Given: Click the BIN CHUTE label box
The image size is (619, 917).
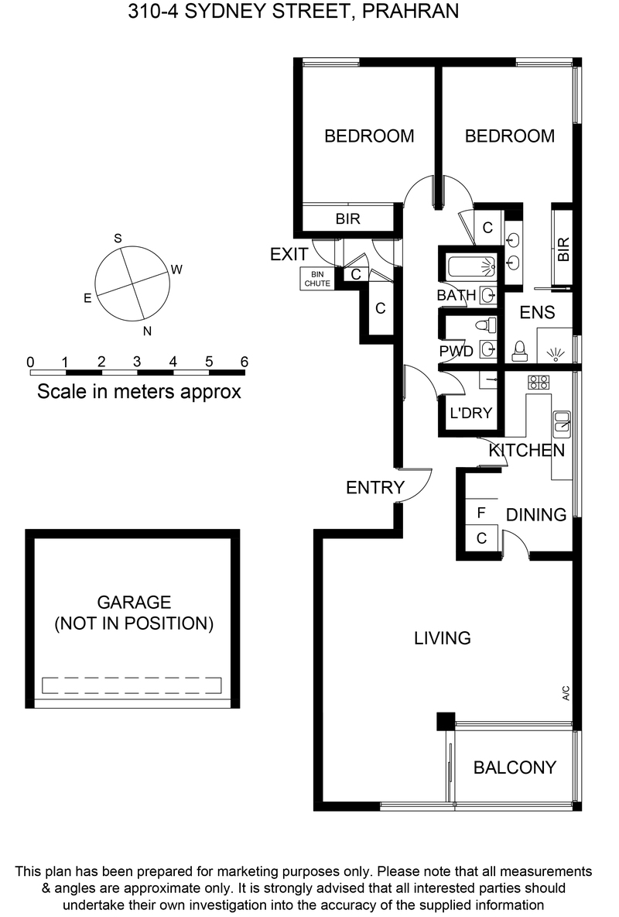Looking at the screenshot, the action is pos(317,278).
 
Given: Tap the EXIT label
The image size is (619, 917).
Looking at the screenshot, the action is pos(289,254).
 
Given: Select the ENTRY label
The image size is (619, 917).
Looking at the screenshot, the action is pos(375,487).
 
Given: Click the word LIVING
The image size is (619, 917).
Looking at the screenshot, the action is pos(443,637).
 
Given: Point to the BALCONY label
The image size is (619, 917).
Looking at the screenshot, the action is pos(515,768).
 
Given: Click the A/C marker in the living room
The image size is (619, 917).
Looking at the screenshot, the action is pos(566,693).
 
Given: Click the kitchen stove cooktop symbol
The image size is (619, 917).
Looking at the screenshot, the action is pos(539,383).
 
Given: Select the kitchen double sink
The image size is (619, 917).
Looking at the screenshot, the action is pos(563,424).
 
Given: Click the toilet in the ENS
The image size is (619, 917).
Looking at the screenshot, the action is pos(519,351).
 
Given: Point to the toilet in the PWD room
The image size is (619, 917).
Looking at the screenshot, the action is pos(487,325).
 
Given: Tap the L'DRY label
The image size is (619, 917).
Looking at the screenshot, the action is pos(470,413).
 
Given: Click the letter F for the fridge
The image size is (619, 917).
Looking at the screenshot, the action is pos(481,513).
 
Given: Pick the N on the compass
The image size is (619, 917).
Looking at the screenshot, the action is pos(147,331).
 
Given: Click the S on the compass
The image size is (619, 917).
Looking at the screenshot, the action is pos(118,238).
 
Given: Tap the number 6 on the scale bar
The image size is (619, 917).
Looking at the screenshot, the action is pos(245,362).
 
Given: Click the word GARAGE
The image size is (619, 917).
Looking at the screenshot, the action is pos(134,602).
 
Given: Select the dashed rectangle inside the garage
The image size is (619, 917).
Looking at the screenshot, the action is pos(132,685).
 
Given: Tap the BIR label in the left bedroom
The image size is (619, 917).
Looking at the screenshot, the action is pos(347,218).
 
